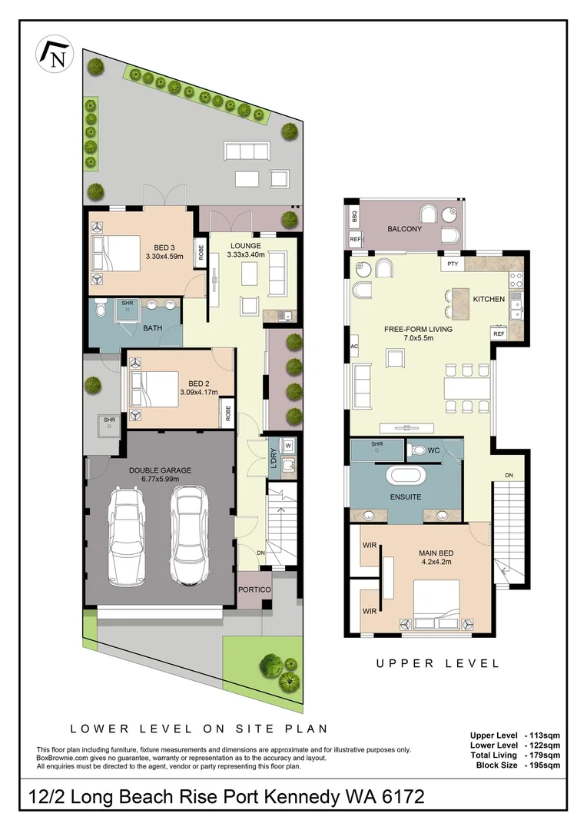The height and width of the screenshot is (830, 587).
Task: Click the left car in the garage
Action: click(x=127, y=536)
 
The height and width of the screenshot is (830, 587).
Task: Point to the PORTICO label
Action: click(x=254, y=589)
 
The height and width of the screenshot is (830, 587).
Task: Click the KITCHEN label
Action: click(x=488, y=298)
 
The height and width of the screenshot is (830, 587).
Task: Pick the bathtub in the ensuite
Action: click(x=405, y=476)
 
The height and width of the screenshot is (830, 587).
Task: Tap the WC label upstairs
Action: click(x=433, y=449)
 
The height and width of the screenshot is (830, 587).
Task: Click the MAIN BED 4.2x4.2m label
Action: click(x=434, y=556)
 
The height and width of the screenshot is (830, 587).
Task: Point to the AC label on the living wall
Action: click(x=354, y=347)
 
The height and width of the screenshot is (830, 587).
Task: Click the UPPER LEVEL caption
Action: click(x=437, y=663)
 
